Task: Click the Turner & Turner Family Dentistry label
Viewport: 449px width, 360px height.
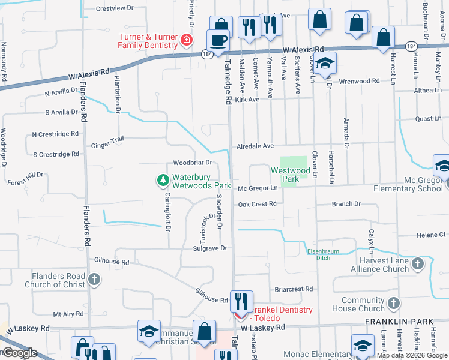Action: (x=147, y=41)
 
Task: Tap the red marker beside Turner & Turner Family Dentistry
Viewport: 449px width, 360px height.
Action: (x=187, y=41)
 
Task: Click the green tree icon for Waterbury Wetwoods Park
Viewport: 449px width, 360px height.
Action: (x=162, y=180)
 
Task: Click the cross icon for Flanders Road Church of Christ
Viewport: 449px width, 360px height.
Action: (x=94, y=279)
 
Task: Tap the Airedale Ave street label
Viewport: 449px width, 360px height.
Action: (x=255, y=146)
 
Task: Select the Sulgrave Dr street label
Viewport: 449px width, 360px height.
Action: (x=209, y=248)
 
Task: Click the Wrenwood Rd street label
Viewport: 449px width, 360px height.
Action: (x=359, y=80)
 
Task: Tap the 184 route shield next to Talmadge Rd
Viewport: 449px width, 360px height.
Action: (x=205, y=54)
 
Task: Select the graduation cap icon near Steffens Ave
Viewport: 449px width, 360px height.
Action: (x=325, y=64)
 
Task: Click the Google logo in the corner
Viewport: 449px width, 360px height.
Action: (x=20, y=353)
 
